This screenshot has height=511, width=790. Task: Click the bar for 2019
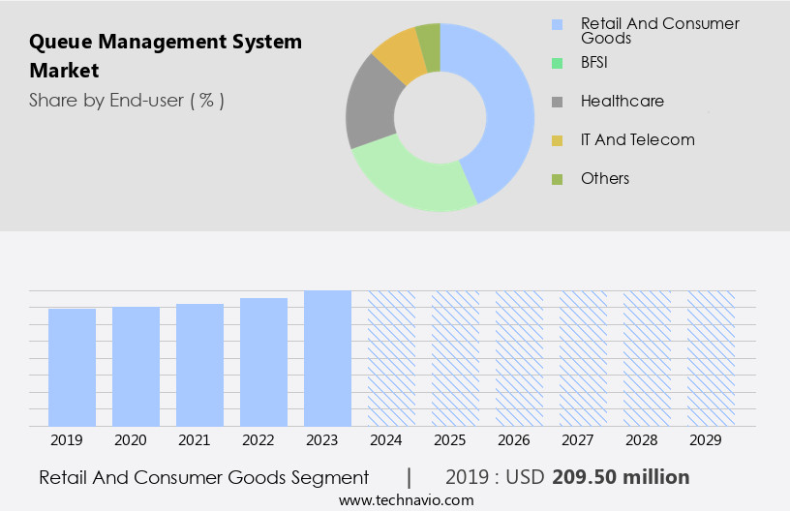tap(72, 368)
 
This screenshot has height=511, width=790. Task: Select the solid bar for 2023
tap(327, 358)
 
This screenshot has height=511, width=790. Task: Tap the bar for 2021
tap(199, 365)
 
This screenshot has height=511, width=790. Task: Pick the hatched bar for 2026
tap(519, 358)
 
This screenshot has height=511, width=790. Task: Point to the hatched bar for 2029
tap(711, 358)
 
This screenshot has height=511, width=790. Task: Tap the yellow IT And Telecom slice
tap(399, 54)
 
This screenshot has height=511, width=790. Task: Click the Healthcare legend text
tap(622, 101)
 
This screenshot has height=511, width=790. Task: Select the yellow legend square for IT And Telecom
tap(557, 140)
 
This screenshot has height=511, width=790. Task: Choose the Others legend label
tap(604, 178)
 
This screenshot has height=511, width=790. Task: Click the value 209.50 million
tap(621, 477)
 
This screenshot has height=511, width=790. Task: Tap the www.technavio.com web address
tap(406, 500)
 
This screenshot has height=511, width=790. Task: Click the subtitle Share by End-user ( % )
tap(126, 100)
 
